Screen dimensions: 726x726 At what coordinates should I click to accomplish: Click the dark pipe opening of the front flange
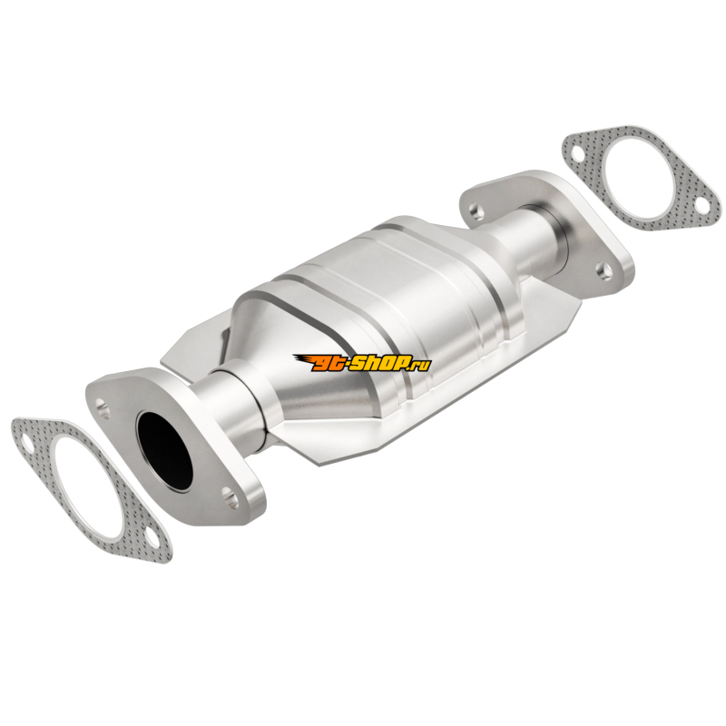click(x=164, y=450)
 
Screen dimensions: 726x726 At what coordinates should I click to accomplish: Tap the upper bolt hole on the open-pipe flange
click(x=103, y=407)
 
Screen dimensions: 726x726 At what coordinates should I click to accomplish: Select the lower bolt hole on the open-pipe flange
click(x=231, y=495)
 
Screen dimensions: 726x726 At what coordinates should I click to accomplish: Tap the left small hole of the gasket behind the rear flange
click(x=577, y=153)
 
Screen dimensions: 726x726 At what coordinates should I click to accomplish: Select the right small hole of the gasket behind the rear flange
click(x=701, y=206)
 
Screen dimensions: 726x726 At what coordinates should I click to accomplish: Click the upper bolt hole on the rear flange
click(x=476, y=211)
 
